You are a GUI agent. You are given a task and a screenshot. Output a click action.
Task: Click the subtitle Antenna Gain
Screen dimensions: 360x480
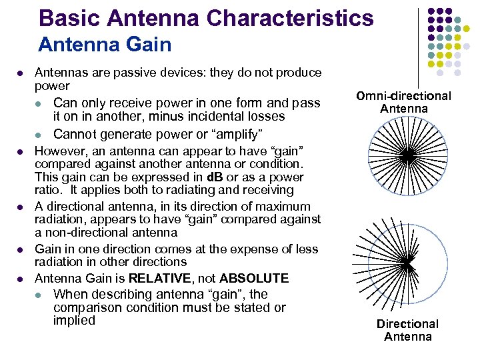(105, 45)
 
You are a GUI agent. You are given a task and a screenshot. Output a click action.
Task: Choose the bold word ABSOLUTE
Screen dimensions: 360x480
(254, 278)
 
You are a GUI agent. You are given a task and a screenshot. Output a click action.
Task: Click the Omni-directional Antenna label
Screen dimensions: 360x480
(403, 102)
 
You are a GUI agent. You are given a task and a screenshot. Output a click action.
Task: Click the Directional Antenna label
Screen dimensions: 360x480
(407, 330)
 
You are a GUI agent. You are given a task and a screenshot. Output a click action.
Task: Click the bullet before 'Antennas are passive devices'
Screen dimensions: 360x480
(22, 73)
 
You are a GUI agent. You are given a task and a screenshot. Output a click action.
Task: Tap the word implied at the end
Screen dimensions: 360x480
(74, 321)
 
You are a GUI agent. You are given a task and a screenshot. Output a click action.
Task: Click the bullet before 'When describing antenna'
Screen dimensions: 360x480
(41, 295)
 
